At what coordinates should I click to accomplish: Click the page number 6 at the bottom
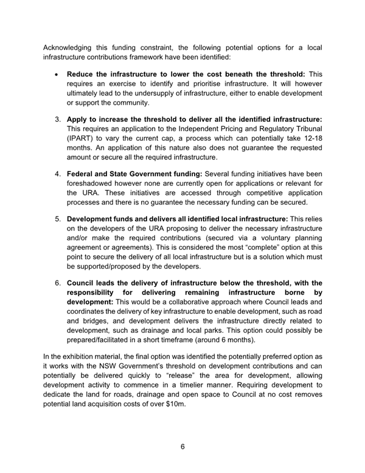pos(182,447)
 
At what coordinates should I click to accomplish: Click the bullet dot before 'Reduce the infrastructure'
pos(56,74)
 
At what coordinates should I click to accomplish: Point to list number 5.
pos(57,218)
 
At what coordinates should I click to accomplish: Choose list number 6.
pos(57,283)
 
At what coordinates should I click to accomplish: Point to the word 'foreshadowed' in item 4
pos(91,185)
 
